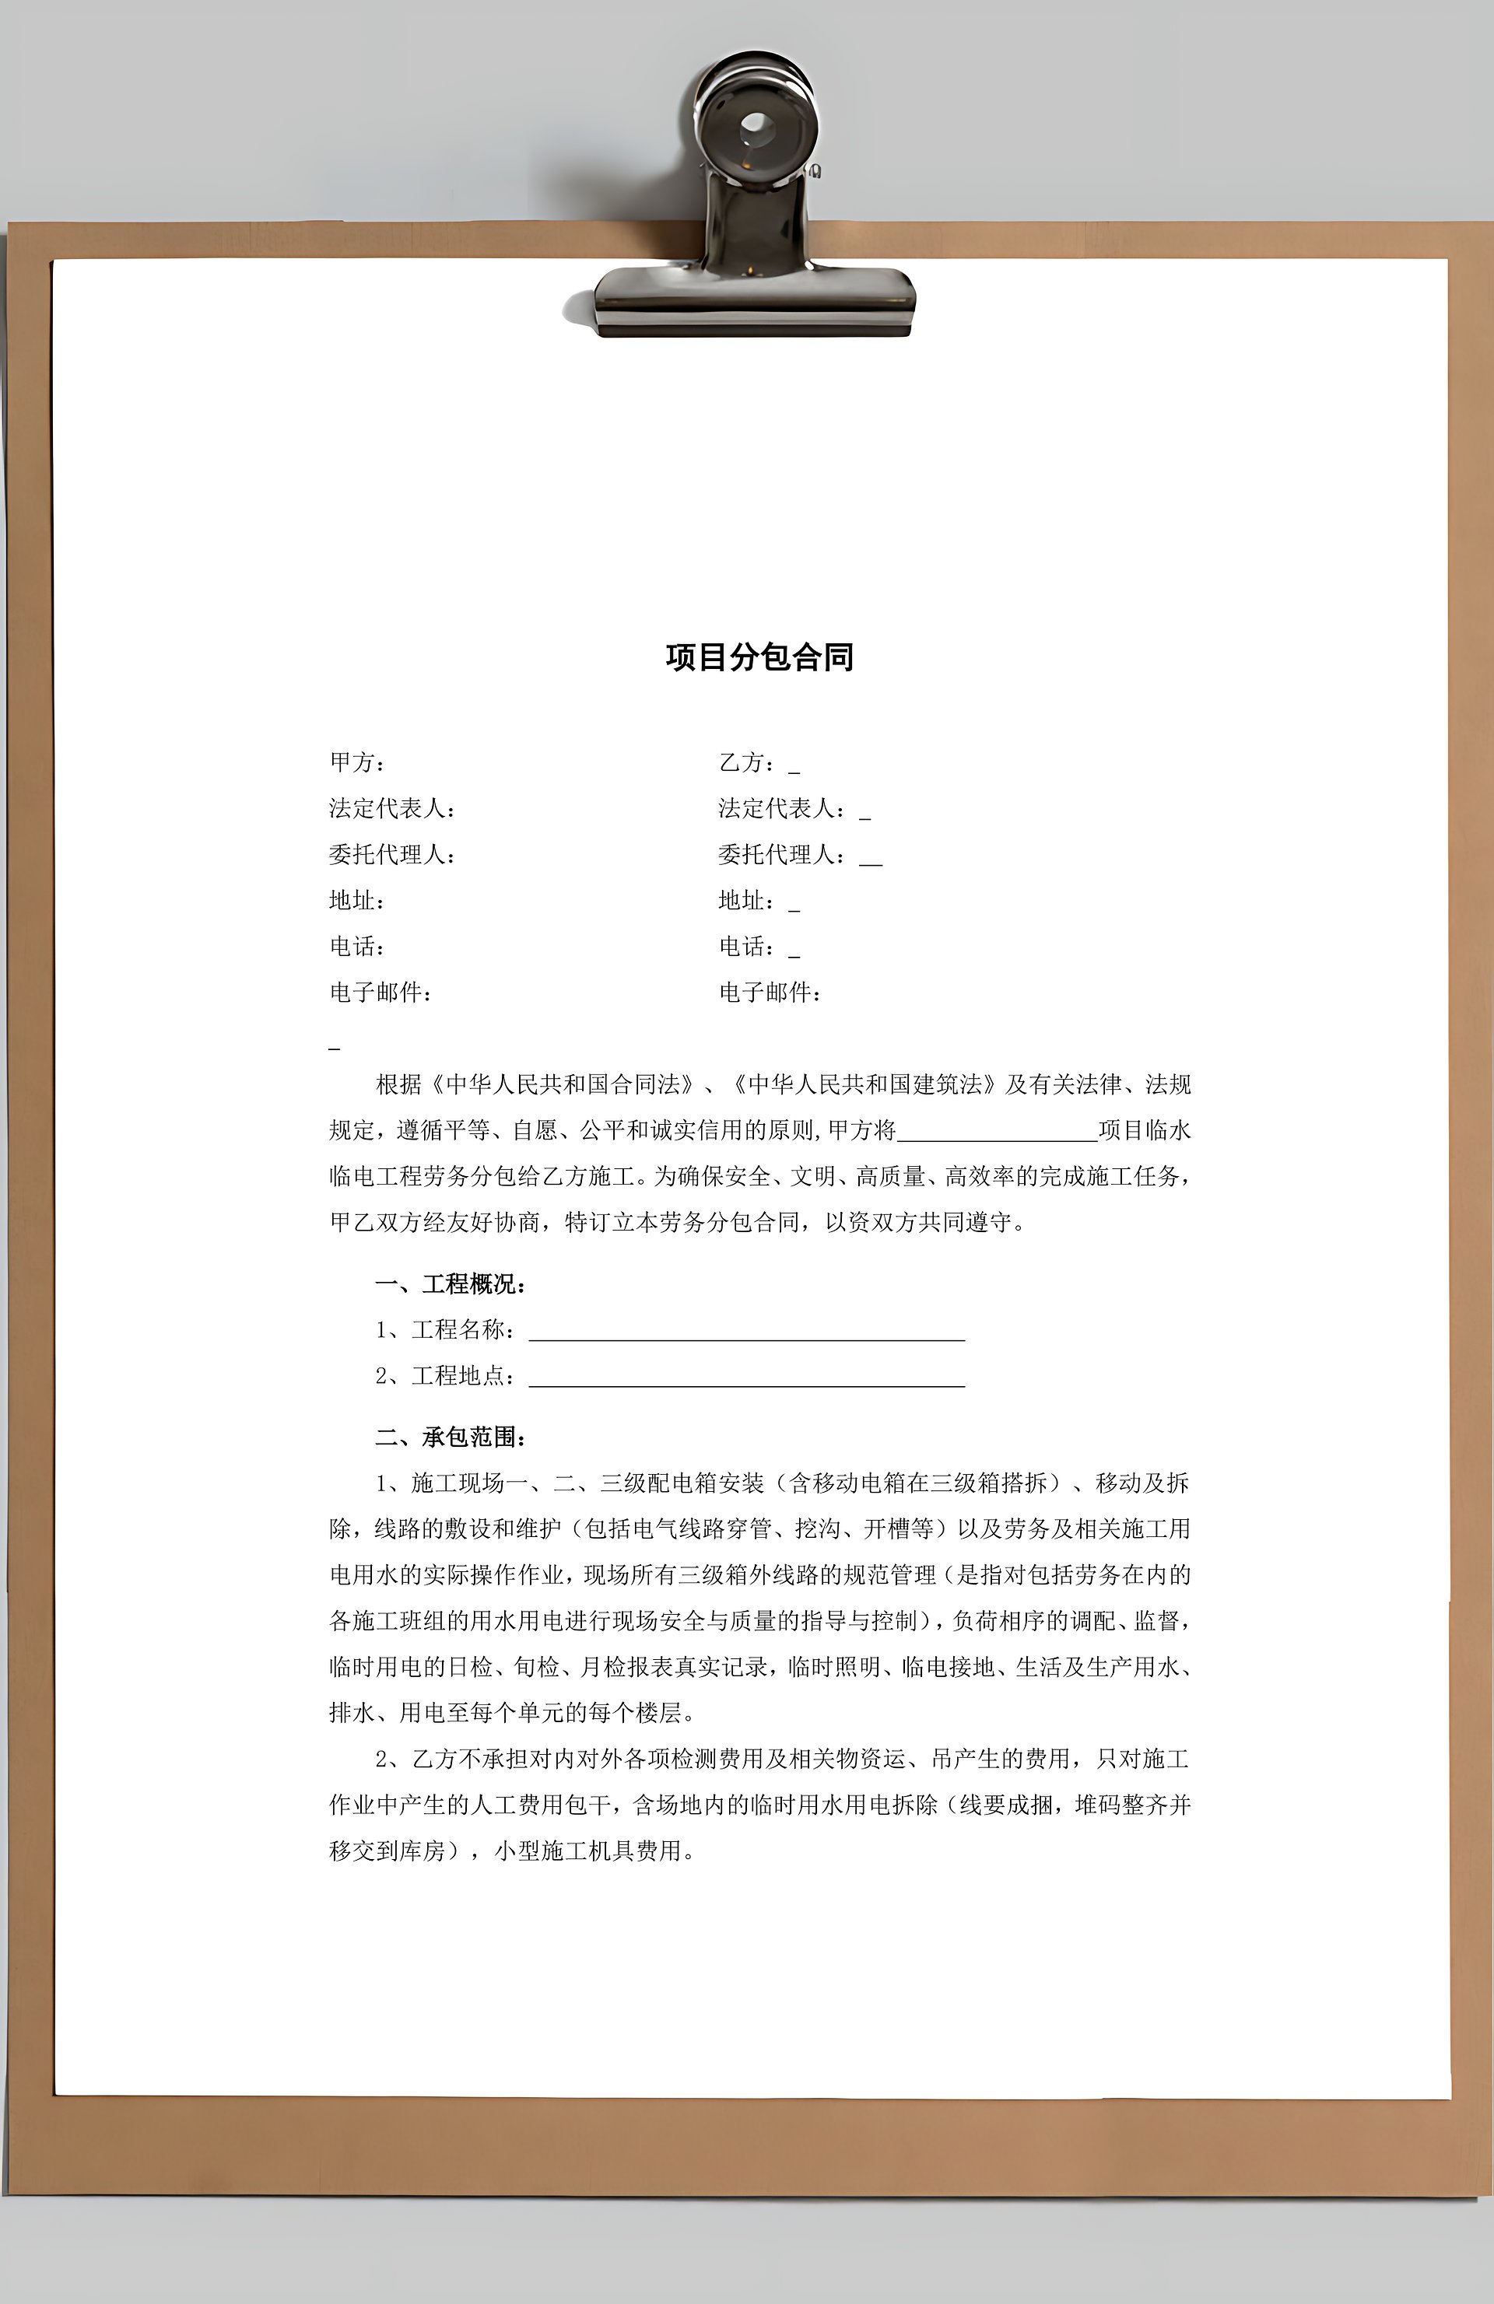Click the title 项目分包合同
click(x=759, y=657)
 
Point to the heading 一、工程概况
click(x=451, y=1285)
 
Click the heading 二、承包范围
click(x=451, y=1437)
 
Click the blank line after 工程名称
click(x=745, y=1332)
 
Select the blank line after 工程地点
click(x=745, y=1378)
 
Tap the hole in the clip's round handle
click(x=754, y=127)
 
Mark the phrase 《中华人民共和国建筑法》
click(x=864, y=1084)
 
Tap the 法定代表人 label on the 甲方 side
click(x=390, y=808)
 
